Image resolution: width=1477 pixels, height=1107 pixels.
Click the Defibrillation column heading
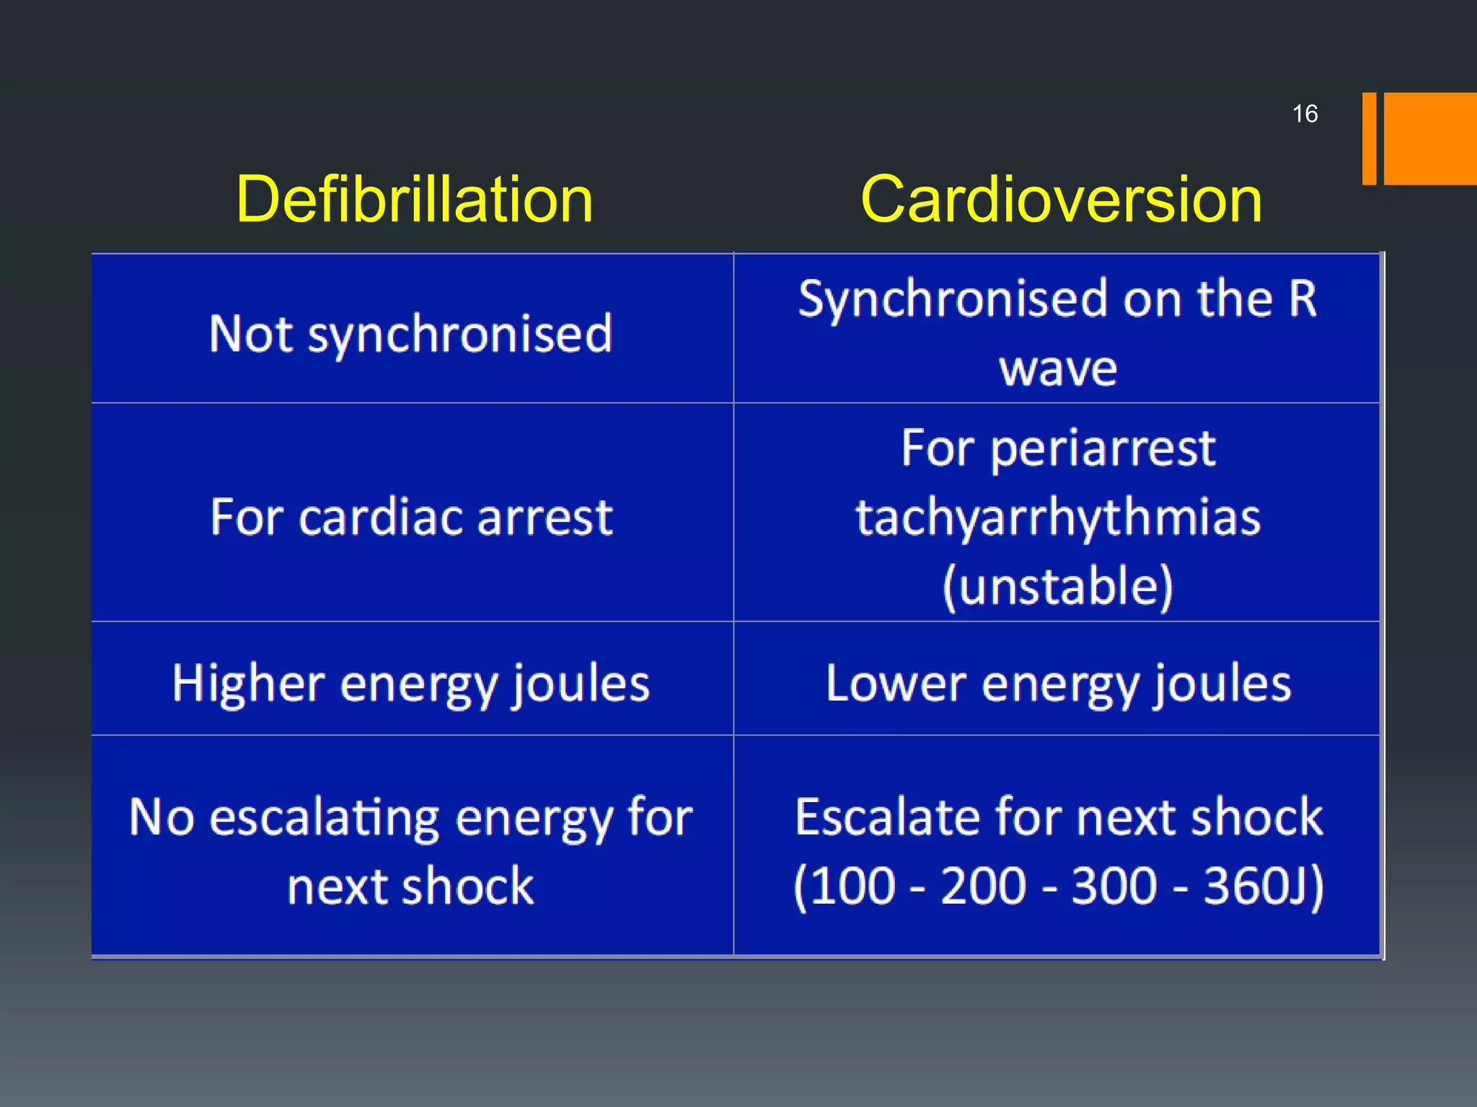click(x=414, y=200)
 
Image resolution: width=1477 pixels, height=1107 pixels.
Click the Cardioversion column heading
click(x=1061, y=200)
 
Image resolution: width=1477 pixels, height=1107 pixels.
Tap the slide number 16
click(x=1305, y=114)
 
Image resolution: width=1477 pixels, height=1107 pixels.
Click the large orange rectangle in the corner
click(x=1429, y=138)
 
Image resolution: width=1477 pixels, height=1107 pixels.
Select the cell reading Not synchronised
click(x=411, y=334)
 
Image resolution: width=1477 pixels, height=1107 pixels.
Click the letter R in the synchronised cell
click(x=1302, y=298)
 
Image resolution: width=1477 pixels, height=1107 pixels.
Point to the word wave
click(x=1058, y=368)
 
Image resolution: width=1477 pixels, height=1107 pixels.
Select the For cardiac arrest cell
click(x=411, y=517)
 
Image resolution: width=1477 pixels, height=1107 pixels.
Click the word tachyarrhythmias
click(x=1058, y=517)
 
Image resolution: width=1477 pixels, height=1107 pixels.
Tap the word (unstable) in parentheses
click(x=1058, y=586)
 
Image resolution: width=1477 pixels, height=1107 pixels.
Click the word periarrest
click(x=1103, y=449)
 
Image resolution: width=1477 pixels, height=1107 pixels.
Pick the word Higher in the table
click(x=249, y=683)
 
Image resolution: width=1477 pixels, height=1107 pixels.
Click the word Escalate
click(x=887, y=817)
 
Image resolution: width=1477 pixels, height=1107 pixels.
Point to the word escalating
click(x=325, y=819)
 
